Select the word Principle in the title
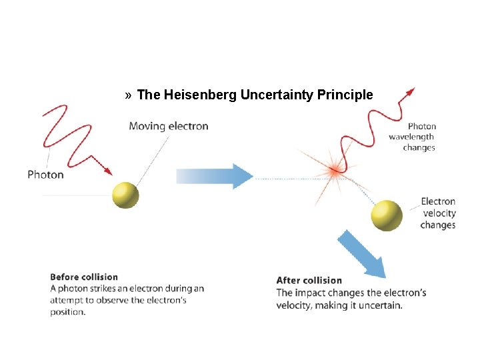(345, 95)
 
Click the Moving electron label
(168, 126)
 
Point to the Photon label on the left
(45, 175)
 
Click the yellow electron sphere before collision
(125, 195)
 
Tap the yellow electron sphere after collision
(387, 215)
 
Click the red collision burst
(333, 171)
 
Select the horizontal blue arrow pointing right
(215, 176)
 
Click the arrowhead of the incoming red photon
(108, 172)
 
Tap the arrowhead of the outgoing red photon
(410, 91)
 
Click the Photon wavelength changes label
(413, 137)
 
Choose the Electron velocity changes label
(438, 213)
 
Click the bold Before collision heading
(84, 277)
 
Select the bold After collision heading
(309, 281)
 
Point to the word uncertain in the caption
(382, 305)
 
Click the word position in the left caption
(67, 312)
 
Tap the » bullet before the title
(128, 95)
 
